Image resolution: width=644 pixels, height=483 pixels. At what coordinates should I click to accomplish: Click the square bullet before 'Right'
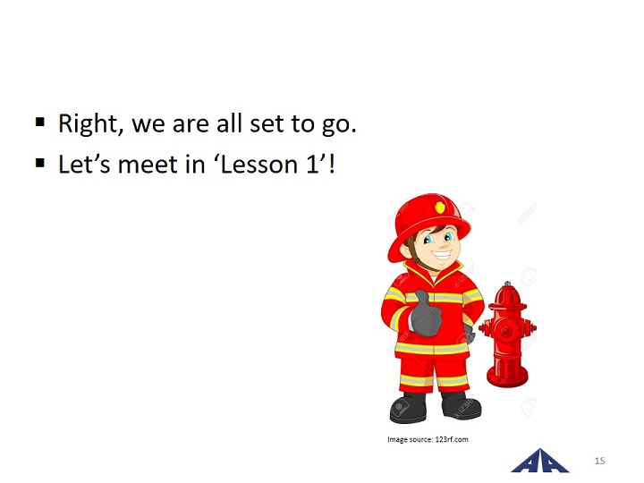(x=40, y=122)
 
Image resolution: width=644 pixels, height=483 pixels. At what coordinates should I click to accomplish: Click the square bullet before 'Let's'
(x=40, y=163)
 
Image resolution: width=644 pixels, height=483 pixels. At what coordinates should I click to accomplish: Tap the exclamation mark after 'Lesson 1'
(x=332, y=164)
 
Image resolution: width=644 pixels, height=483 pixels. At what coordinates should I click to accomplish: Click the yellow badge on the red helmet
(x=440, y=208)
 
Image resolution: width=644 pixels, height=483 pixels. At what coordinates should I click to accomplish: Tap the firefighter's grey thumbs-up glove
(x=426, y=313)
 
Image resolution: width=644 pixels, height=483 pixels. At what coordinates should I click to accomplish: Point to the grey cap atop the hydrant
(x=508, y=284)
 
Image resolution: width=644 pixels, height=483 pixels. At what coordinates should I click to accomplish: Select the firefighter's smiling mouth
(x=442, y=257)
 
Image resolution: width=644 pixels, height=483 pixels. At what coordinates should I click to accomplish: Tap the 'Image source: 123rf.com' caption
(x=428, y=439)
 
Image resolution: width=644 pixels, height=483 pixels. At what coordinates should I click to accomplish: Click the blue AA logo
(x=539, y=461)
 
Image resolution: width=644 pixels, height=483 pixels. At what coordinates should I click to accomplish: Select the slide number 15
(x=599, y=461)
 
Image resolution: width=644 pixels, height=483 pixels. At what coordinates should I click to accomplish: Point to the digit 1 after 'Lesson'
(x=312, y=165)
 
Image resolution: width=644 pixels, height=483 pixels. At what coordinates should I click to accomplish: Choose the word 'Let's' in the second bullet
(x=84, y=165)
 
